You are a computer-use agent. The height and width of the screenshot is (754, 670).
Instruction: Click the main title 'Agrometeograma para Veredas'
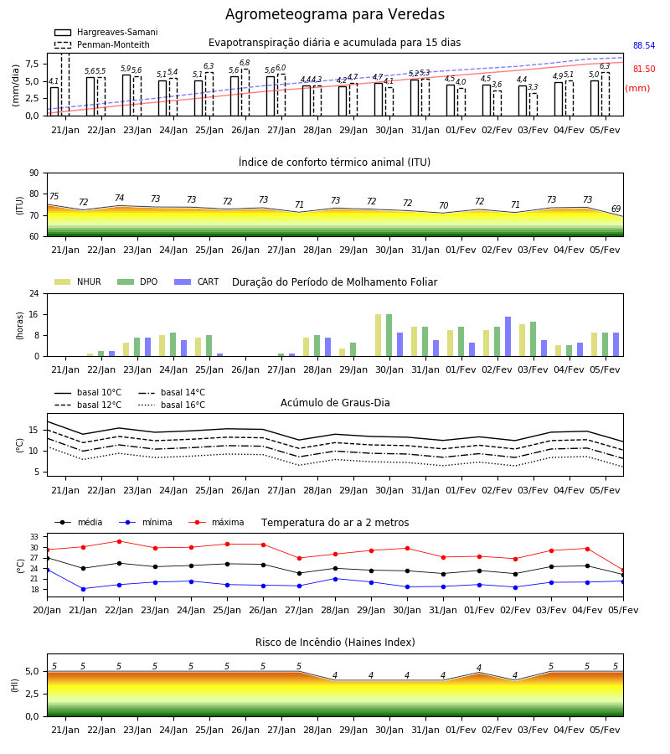pyautogui.click(x=334, y=14)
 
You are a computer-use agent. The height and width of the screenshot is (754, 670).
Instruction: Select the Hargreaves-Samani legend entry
pyautogui.click(x=106, y=32)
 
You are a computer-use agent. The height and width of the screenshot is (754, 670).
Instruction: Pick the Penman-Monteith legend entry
pyautogui.click(x=102, y=44)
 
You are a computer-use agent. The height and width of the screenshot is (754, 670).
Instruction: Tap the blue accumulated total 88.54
pyautogui.click(x=644, y=46)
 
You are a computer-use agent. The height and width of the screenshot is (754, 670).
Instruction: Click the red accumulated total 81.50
pyautogui.click(x=644, y=70)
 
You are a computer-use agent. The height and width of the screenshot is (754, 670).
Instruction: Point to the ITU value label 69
pyautogui.click(x=616, y=209)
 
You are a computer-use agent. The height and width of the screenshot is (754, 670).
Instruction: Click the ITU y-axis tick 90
pyautogui.click(x=34, y=173)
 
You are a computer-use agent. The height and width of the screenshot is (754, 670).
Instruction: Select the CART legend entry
pyautogui.click(x=196, y=281)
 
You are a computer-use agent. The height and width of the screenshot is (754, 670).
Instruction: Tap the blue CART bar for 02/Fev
pyautogui.click(x=508, y=337)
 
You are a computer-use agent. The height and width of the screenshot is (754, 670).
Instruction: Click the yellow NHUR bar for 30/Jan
pyautogui.click(x=379, y=335)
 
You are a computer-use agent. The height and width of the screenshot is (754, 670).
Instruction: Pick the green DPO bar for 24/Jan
pyautogui.click(x=173, y=344)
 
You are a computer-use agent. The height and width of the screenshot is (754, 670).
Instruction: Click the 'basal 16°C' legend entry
pyautogui.click(x=172, y=405)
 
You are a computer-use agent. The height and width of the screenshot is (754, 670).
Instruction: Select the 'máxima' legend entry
pyautogui.click(x=216, y=522)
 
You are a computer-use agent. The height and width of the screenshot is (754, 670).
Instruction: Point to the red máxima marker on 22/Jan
pyautogui.click(x=119, y=541)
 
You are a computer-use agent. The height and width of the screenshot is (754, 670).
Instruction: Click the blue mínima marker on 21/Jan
pyautogui.click(x=83, y=589)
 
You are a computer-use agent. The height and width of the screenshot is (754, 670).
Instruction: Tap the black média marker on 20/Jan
pyautogui.click(x=47, y=558)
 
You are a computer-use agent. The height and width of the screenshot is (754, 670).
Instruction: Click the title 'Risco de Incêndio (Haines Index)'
pyautogui.click(x=335, y=643)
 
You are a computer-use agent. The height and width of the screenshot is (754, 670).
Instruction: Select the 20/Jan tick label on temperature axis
pyautogui.click(x=47, y=610)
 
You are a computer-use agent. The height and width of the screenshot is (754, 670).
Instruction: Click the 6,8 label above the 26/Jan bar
pyautogui.click(x=245, y=63)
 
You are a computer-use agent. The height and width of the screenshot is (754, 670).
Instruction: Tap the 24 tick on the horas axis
pyautogui.click(x=34, y=293)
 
